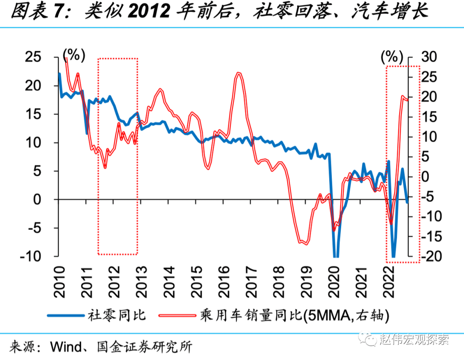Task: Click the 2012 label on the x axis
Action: pyautogui.click(x=115, y=282)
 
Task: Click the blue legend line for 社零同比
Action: pyautogui.click(x=64, y=315)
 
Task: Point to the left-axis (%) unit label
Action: pyautogui.click(x=74, y=55)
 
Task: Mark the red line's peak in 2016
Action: pyautogui.click(x=239, y=73)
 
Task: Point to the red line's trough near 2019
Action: pyautogui.click(x=305, y=244)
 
